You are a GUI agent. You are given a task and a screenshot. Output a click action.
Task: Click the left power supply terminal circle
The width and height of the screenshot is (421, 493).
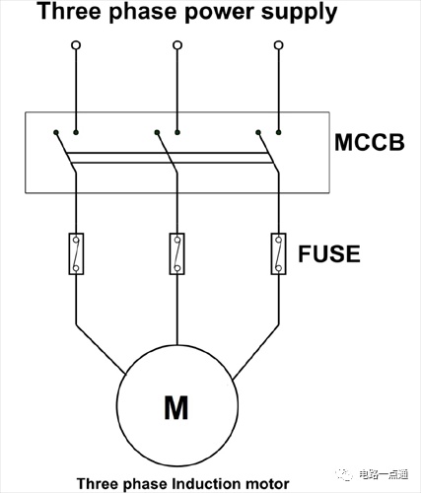click(76, 45)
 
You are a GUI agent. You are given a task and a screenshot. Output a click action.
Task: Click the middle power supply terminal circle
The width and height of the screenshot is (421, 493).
click(177, 45)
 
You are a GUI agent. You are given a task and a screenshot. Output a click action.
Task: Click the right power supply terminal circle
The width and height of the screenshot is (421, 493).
click(279, 45)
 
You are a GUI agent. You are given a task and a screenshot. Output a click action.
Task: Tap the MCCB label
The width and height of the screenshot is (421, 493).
click(370, 142)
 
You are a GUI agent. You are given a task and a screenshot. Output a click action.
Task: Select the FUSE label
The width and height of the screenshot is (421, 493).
click(329, 253)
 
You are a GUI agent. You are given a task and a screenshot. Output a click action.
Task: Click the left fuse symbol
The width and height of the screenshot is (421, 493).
click(76, 253)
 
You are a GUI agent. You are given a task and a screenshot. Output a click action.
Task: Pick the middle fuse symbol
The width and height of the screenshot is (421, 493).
click(177, 253)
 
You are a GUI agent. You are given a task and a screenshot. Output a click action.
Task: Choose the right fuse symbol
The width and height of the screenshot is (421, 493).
click(279, 253)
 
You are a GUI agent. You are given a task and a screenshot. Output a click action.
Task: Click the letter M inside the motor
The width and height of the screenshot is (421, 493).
click(176, 407)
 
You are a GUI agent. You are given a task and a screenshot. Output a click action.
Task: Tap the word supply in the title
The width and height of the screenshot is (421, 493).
click(299, 12)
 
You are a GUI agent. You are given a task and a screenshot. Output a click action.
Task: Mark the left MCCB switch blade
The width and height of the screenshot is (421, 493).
click(66, 152)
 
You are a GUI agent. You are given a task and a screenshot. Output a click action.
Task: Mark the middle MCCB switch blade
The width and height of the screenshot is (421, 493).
click(167, 152)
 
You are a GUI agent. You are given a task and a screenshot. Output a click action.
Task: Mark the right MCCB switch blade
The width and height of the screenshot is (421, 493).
click(268, 152)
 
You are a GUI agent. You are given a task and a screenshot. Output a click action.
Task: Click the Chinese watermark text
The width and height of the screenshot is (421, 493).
click(384, 474)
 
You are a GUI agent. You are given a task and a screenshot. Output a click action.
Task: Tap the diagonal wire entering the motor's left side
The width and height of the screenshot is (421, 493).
click(101, 349)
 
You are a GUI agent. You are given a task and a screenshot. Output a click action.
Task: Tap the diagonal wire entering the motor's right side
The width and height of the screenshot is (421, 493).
click(256, 352)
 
